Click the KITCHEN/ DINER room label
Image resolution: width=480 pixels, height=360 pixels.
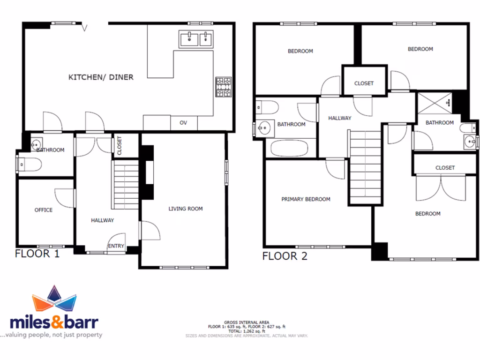[101, 77]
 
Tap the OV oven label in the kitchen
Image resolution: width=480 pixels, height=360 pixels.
[183, 123]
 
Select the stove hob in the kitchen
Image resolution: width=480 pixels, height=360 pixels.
[224, 87]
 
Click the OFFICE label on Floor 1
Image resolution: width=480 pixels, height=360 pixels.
[44, 210]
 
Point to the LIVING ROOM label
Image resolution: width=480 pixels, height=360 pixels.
[186, 209]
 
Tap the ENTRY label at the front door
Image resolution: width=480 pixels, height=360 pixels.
[116, 246]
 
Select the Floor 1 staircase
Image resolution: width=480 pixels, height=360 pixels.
[125, 185]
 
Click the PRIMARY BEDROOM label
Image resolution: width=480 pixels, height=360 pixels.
[306, 199]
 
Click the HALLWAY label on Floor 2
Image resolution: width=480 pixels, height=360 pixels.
[339, 118]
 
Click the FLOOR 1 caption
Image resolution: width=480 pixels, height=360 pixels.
[37, 254]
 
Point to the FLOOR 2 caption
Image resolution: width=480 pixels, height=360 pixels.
[285, 256]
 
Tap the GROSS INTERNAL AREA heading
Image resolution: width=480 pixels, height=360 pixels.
[247, 322]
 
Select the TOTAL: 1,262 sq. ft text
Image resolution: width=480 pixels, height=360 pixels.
[247, 331]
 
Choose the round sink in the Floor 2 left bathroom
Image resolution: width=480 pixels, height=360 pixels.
[267, 127]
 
